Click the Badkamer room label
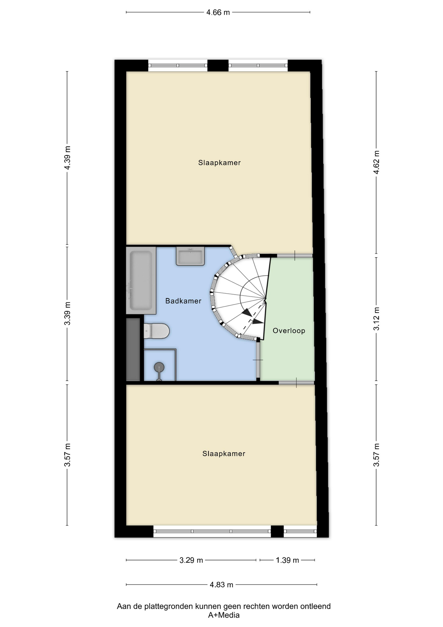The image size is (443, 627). [x=183, y=301]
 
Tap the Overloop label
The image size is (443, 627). [x=289, y=330]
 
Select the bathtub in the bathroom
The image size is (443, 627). [x=141, y=281]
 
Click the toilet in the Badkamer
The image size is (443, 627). [x=157, y=331]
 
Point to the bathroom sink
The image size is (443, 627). [x=190, y=256]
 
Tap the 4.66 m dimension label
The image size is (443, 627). [x=218, y=12]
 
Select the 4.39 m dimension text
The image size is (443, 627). [x=67, y=158]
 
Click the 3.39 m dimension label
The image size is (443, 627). [x=67, y=313]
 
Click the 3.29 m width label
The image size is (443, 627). [x=191, y=560]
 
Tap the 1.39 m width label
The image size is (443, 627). [x=287, y=560]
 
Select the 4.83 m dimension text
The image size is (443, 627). [x=221, y=585]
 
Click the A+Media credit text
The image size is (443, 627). [x=224, y=615]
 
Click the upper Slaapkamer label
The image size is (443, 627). [x=220, y=163]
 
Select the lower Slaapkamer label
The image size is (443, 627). [x=224, y=454]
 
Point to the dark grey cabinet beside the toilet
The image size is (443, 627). [x=133, y=349]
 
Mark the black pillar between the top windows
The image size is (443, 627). [x=218, y=65]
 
